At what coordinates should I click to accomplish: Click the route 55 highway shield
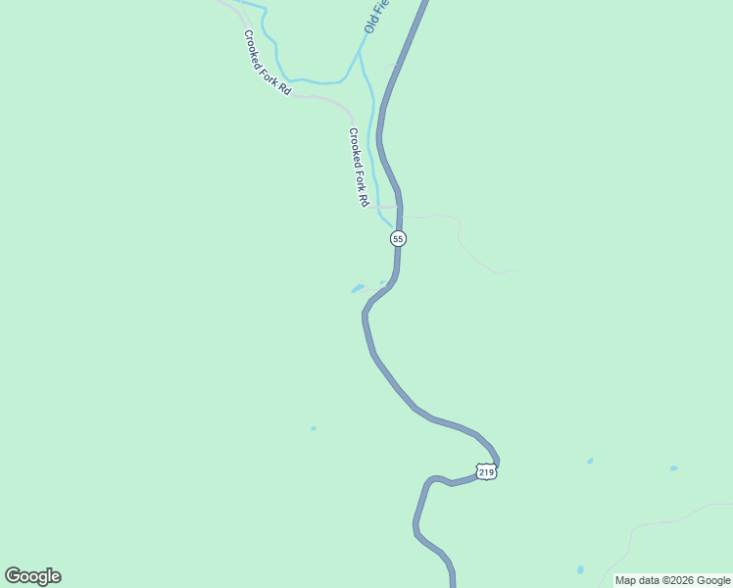(398, 238)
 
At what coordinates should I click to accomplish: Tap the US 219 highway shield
(487, 471)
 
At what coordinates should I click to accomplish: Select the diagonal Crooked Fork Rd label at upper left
(268, 62)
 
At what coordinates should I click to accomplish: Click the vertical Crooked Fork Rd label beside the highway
(358, 167)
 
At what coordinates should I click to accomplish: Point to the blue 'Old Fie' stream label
(376, 17)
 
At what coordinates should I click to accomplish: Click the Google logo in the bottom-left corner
(32, 576)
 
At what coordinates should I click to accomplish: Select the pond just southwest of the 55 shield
(358, 288)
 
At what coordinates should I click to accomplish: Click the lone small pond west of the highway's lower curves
(314, 428)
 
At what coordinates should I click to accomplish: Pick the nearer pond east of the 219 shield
(590, 461)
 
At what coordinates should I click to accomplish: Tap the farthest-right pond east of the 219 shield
(673, 468)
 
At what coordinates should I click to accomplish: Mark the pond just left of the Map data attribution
(581, 569)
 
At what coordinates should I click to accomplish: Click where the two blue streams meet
(360, 54)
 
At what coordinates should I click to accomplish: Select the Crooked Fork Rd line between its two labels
(323, 98)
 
